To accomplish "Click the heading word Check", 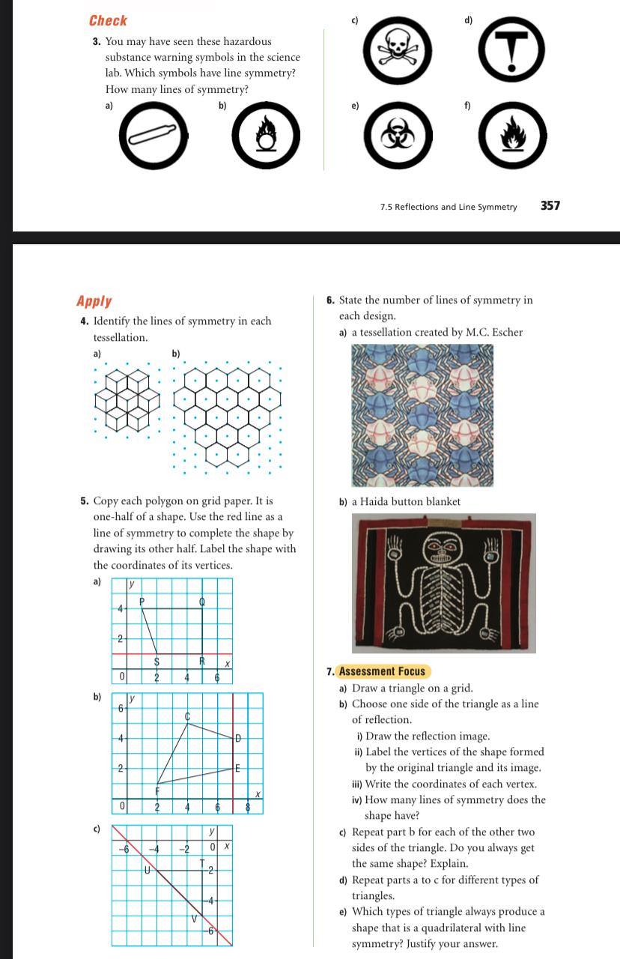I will pos(108,21).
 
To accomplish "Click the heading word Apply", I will pos(94,301).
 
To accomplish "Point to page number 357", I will pos(550,206).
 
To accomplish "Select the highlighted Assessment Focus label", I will pos(381,671).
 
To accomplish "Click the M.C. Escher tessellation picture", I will pos(423,414).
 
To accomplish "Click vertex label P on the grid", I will pos(141,601).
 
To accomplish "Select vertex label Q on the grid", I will pos(201,602).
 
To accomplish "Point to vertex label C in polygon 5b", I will pos(188,716).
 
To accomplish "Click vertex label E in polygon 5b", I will pos(237,768).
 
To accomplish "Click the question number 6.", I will pos(331,300).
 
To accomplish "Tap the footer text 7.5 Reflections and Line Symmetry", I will pos(448,207).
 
